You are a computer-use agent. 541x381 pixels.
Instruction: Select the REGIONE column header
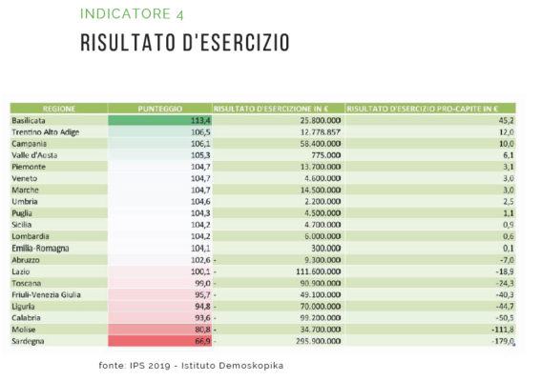point(58,109)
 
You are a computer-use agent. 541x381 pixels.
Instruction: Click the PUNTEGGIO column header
point(159,109)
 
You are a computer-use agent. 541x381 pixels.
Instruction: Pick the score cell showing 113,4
point(199,121)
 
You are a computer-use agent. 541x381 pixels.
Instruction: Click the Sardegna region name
point(31,341)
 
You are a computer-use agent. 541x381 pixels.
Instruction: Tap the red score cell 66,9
point(199,341)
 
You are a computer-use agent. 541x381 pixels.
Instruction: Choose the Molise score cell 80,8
point(199,330)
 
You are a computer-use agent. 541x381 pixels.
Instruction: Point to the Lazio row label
point(23,271)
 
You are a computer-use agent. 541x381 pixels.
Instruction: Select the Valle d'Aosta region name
point(36,155)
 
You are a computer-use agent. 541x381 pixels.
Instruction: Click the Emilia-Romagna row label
point(41,248)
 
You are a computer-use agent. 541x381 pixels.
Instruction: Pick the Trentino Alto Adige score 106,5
point(199,132)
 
